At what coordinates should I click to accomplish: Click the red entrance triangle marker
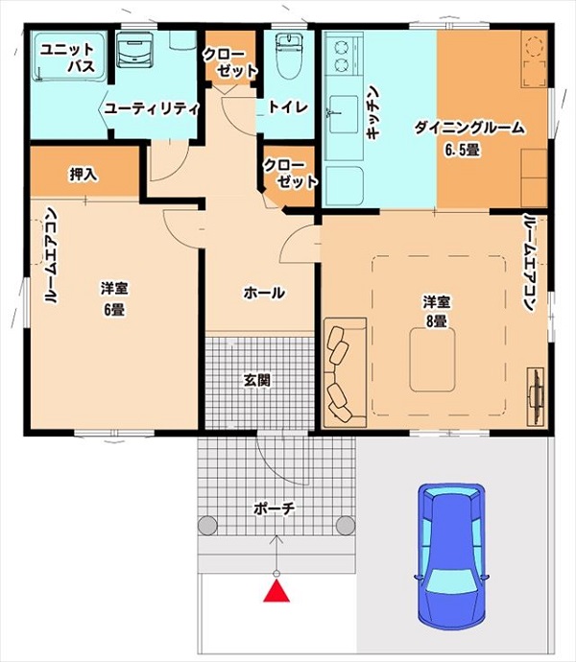coord(277,592)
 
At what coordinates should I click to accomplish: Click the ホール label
coord(263,293)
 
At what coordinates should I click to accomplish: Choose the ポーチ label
coord(276,508)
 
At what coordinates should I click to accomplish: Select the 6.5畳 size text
coord(462,152)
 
